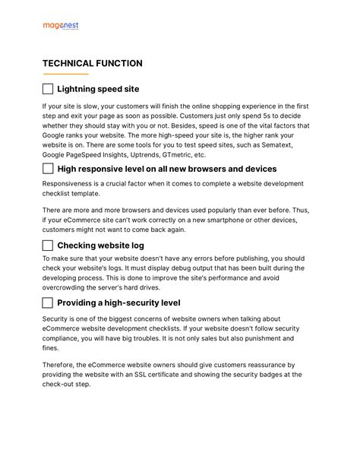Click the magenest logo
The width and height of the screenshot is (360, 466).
61,27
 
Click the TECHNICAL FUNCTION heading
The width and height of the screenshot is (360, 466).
92,63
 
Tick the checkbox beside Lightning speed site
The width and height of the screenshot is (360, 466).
48,89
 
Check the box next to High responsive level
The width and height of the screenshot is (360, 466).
48,169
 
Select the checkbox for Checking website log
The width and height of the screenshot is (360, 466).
48,246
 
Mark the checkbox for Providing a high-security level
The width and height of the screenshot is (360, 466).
48,303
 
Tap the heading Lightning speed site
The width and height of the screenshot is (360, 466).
98,89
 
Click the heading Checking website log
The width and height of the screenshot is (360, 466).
100,246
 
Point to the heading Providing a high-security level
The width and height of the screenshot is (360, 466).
118,303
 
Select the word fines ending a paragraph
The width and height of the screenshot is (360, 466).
51,348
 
